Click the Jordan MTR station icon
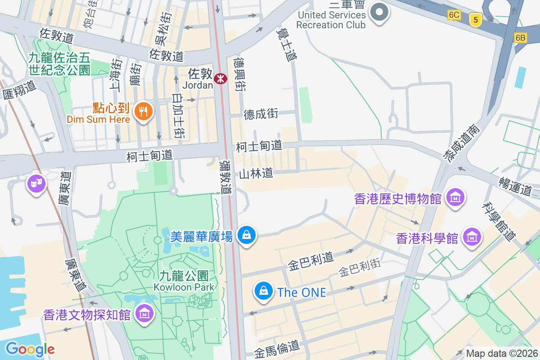click(x=220, y=78)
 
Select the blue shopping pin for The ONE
click(x=263, y=291)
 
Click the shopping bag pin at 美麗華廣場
click(x=246, y=234)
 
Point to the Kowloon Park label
click(x=184, y=280)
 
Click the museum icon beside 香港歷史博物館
click(x=455, y=197)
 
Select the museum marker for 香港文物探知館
click(x=145, y=313)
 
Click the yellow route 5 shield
click(x=475, y=19)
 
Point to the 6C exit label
click(x=454, y=15)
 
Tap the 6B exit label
click(x=520, y=38)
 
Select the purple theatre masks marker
click(x=36, y=183)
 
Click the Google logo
click(x=30, y=349)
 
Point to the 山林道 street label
click(x=256, y=173)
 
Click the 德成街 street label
click(x=261, y=114)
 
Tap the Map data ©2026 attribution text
click(x=501, y=353)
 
